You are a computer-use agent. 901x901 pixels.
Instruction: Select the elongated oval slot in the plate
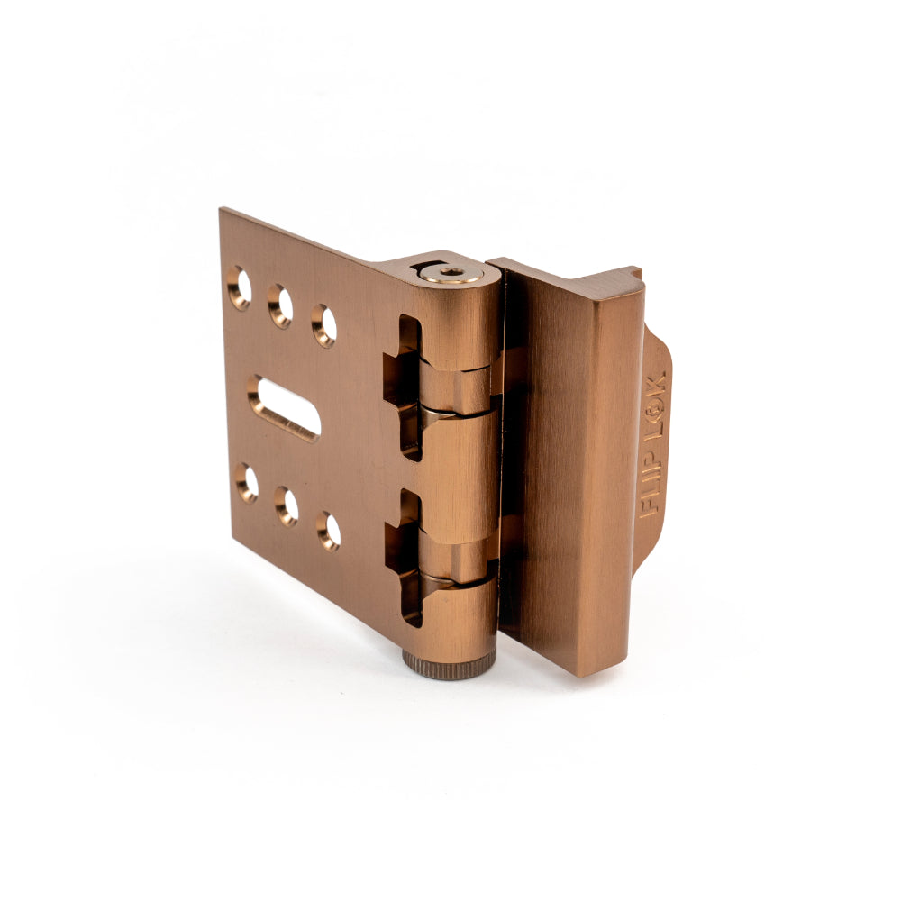[284, 407]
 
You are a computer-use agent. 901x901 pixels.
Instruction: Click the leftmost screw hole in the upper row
[239, 288]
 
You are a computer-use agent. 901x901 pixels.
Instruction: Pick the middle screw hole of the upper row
[280, 306]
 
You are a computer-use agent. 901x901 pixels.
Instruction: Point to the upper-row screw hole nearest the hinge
[324, 326]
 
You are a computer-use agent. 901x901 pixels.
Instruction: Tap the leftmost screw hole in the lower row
[247, 484]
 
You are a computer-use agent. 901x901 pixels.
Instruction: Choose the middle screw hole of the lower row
[287, 506]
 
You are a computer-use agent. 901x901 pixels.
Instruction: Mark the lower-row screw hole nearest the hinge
[328, 531]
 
